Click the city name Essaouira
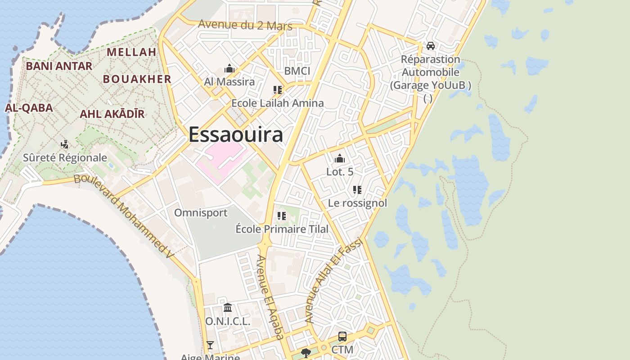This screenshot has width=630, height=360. tap(236, 135)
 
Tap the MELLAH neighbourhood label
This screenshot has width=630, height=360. tap(131, 52)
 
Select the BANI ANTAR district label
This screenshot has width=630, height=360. tap(59, 66)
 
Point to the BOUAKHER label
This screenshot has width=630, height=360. tap(137, 79)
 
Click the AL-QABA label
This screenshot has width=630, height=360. tap(29, 108)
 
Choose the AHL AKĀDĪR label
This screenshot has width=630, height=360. tap(112, 114)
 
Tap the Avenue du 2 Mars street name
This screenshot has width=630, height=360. tap(245, 25)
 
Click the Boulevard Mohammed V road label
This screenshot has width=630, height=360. tap(124, 216)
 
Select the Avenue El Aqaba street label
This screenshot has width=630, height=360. tap(270, 297)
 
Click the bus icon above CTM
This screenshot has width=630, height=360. tap(342, 337)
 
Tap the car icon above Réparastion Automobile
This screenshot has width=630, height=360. tap(431, 46)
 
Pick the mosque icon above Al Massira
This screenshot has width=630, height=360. tap(229, 69)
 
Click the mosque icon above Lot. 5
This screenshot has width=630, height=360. tap(340, 158)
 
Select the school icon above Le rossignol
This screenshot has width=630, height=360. tap(357, 190)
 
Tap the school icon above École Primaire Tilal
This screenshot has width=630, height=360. tap(282, 216)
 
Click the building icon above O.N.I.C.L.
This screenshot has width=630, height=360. tap(228, 308)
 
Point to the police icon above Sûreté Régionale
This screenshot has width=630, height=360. tap(65, 144)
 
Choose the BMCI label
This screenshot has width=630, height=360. tap(297, 71)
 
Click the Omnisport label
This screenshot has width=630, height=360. tap(201, 212)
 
